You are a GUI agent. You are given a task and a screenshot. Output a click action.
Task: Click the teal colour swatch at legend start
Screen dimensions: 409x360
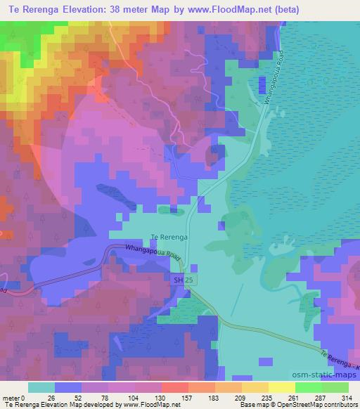coord(41,387)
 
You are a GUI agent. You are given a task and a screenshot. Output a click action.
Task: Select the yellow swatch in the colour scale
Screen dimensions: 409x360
coord(282,387)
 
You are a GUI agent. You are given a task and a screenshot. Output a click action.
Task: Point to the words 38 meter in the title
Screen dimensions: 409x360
coord(131,10)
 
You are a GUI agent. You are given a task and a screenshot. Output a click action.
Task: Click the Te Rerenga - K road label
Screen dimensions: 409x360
coord(339,363)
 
